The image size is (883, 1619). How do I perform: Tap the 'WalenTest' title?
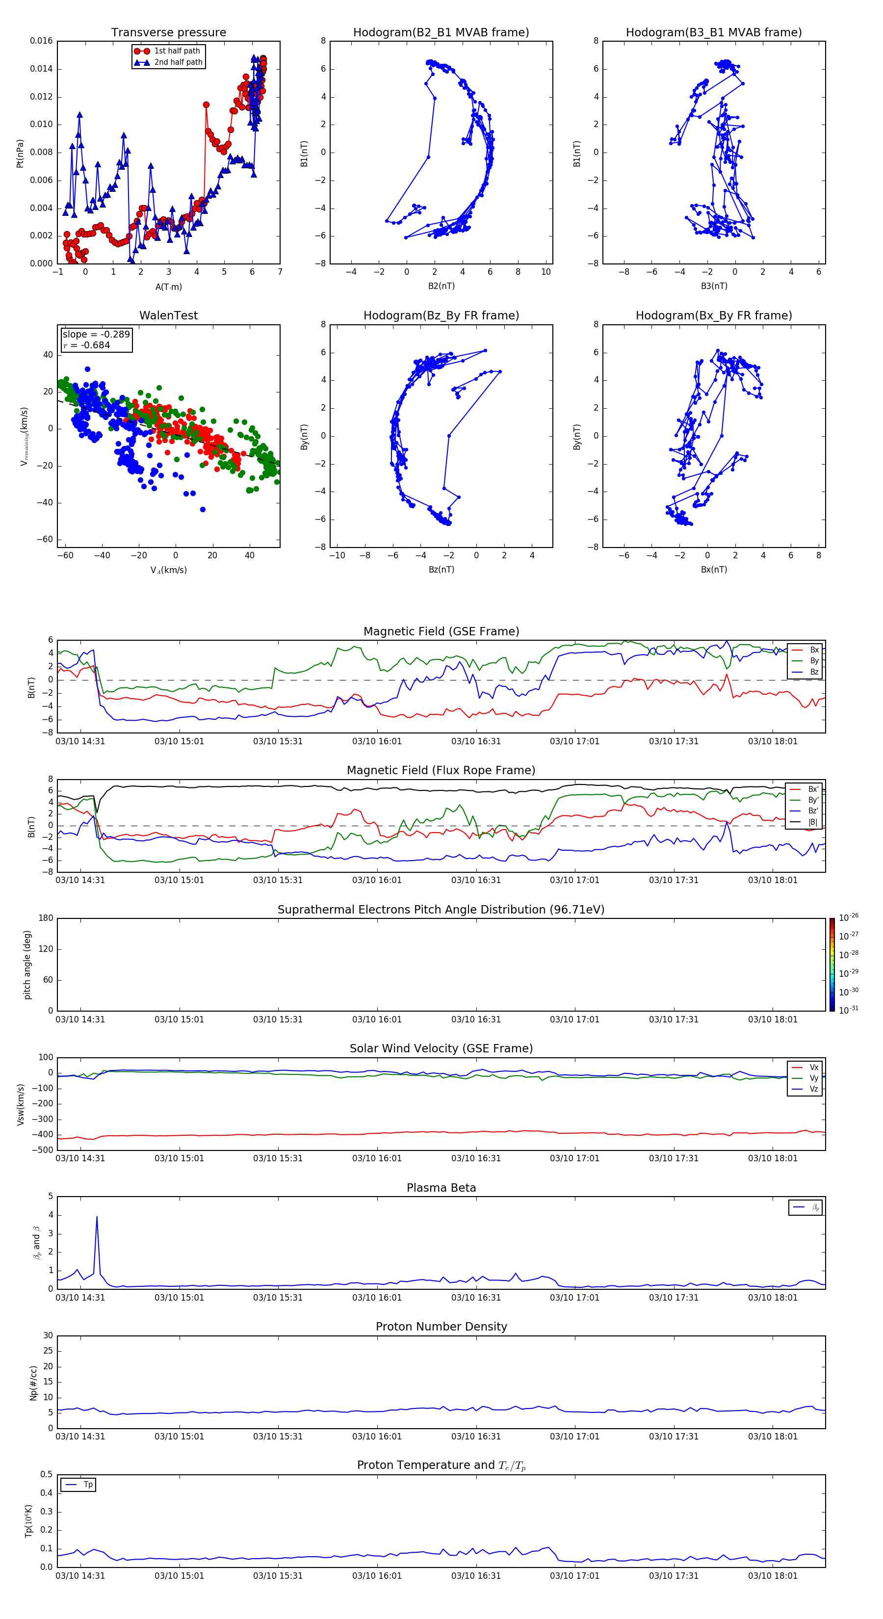coord(168,315)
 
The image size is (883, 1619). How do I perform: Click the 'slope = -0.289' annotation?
coord(96,335)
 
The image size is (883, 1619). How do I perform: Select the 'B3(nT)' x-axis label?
coord(714,286)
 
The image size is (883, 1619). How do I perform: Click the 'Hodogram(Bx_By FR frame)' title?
coord(713,315)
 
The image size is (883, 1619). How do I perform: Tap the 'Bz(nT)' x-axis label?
coord(441,570)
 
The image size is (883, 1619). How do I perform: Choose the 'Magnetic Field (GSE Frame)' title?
coord(441,631)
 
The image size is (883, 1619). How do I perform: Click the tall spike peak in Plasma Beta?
coord(97,1217)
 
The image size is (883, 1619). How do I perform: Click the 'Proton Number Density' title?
coord(441,1327)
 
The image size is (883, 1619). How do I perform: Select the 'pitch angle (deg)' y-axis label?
coord(27,965)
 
